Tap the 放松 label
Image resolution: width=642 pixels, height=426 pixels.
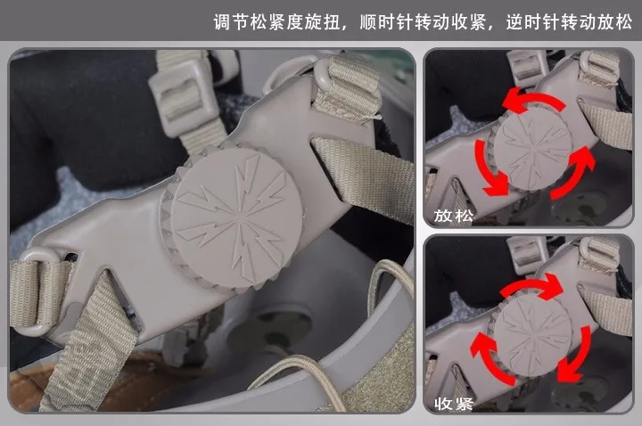(453, 216)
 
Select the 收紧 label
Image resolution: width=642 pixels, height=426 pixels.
(453, 404)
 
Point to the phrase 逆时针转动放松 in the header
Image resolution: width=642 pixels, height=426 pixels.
(569, 21)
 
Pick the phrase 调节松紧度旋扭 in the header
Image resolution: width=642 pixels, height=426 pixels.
(276, 21)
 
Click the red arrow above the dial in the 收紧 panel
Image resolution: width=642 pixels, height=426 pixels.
(532, 285)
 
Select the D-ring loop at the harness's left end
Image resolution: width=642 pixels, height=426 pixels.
(39, 291)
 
